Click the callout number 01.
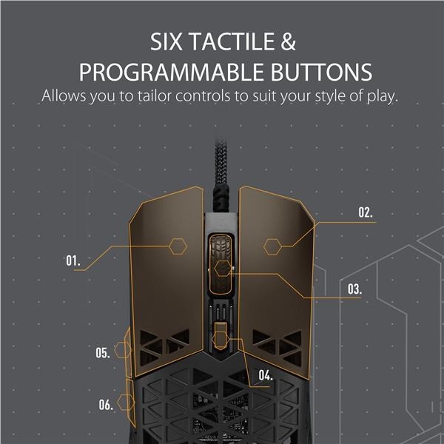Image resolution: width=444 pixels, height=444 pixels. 73,260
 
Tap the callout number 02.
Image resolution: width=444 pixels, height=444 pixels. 366,212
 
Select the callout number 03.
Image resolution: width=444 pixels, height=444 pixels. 354,289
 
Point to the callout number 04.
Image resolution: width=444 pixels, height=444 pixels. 266,375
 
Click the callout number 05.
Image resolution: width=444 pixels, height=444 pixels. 103,353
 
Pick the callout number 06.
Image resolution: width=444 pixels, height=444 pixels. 106,404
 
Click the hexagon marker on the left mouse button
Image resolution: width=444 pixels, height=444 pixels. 178,246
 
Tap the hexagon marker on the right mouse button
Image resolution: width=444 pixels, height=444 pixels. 272,246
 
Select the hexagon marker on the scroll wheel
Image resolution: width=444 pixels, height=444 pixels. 223,269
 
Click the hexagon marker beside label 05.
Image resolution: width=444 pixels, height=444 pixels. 123,350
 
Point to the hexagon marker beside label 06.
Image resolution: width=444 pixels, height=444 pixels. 126,402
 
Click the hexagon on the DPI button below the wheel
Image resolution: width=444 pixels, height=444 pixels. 221,339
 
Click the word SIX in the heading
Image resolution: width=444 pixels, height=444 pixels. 166,41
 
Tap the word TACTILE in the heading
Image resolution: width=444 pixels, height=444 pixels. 232,41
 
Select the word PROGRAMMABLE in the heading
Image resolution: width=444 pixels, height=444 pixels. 172,72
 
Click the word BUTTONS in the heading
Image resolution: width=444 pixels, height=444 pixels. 321,72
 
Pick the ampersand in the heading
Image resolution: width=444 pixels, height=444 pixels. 289,41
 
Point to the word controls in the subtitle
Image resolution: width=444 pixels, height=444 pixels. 203,95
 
